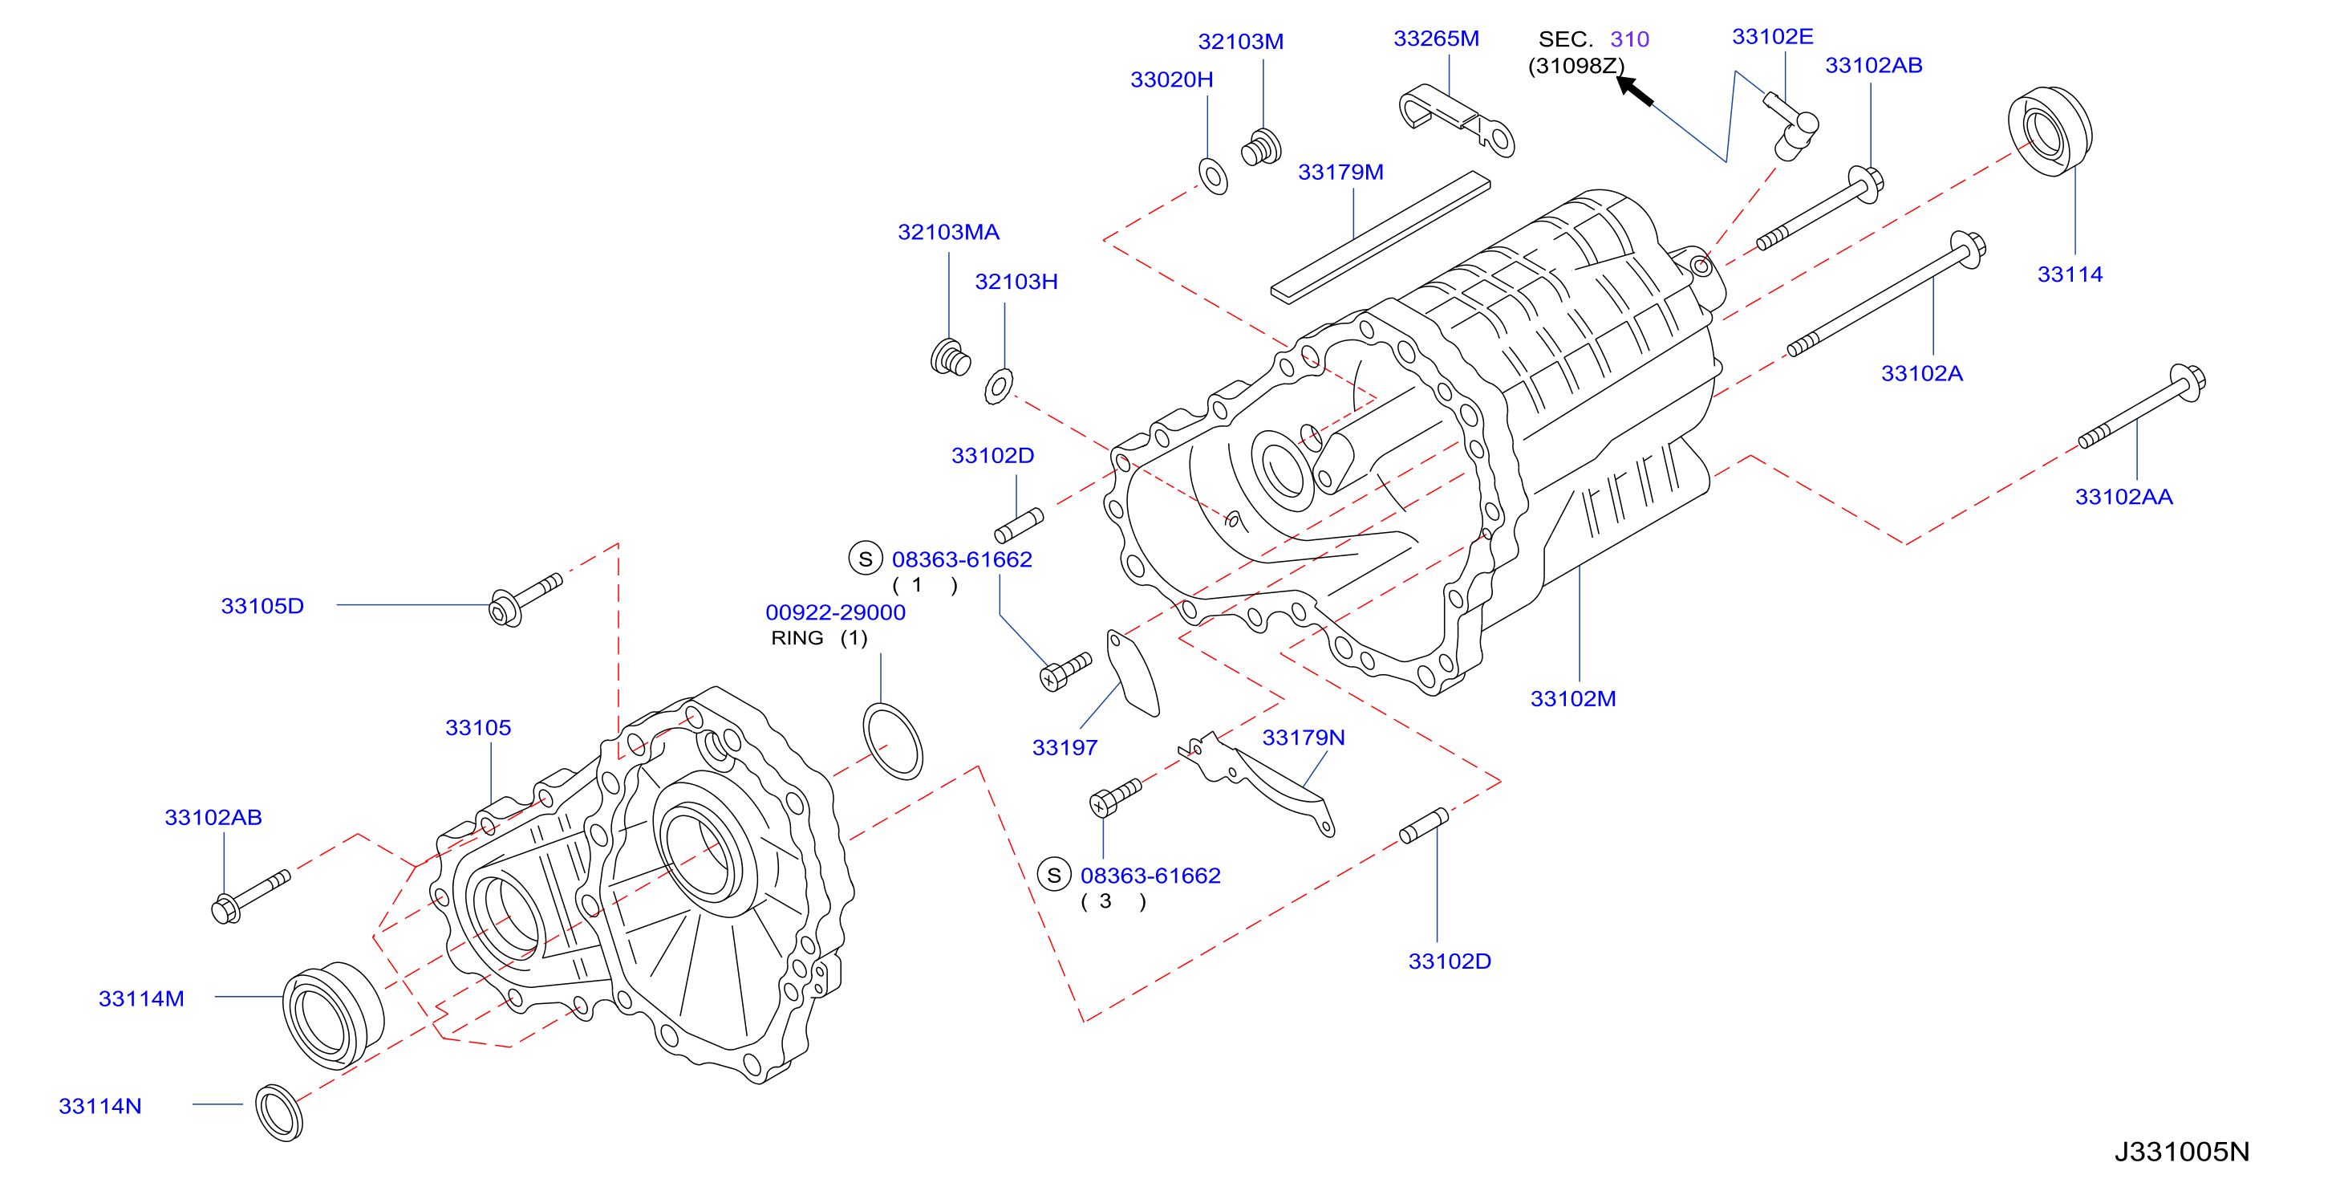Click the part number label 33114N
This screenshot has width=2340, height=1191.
point(100,1106)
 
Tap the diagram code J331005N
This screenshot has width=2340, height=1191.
point(2181,1151)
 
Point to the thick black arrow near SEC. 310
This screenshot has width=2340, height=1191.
point(1635,91)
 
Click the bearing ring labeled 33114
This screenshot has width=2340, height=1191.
point(2050,132)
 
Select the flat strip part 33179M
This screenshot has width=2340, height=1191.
point(1380,235)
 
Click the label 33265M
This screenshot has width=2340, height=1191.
point(1436,39)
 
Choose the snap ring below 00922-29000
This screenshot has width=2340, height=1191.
point(892,741)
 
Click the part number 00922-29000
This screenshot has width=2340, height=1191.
point(835,612)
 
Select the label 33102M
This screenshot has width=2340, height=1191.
point(1573,698)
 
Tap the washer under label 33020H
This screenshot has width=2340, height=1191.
point(1214,177)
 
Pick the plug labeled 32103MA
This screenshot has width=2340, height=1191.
point(950,357)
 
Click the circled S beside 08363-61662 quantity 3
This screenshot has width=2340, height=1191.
point(1054,876)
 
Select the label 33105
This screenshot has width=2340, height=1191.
point(478,728)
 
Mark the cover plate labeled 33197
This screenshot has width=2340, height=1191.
point(1133,673)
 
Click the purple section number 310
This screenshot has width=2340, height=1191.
point(1629,39)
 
